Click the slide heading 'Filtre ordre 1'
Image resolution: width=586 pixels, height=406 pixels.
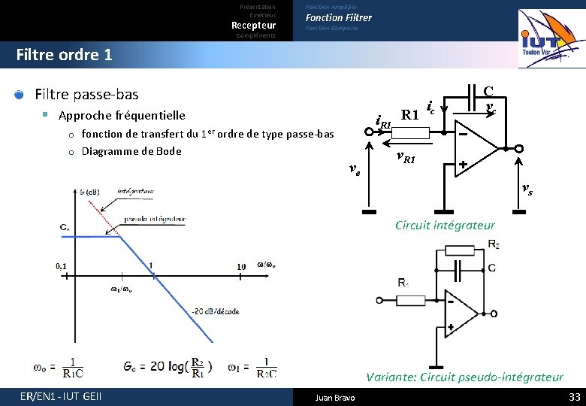(x=64, y=55)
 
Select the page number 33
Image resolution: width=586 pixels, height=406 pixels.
(x=575, y=396)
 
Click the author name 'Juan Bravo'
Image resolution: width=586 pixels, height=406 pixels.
(x=335, y=397)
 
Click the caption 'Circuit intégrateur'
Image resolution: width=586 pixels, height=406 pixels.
(x=444, y=225)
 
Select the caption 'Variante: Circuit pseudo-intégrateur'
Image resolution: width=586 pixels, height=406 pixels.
(x=464, y=377)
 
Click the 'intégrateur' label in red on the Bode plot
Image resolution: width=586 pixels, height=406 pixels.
(x=136, y=192)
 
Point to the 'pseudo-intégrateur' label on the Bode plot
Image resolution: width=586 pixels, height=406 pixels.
(x=156, y=219)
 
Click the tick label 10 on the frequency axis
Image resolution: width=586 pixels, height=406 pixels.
(x=240, y=266)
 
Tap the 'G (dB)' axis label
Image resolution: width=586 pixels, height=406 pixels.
(x=91, y=192)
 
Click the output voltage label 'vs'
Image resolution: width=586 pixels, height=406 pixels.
(x=527, y=190)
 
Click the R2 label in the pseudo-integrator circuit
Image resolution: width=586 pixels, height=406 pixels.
(x=494, y=244)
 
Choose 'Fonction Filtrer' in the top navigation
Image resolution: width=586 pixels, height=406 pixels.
(x=338, y=17)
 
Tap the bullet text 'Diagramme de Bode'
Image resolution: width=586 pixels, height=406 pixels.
(x=131, y=151)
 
